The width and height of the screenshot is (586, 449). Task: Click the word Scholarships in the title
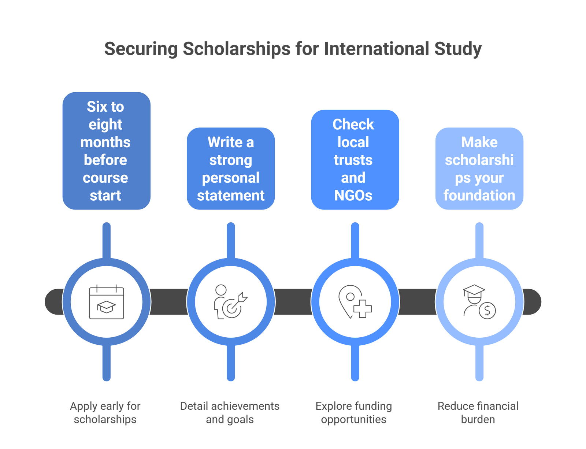pos(237,49)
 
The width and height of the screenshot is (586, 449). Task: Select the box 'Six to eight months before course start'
pos(106,151)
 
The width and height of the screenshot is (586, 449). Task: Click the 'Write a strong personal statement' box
pos(231,168)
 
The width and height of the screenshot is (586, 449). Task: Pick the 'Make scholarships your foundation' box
pos(479,168)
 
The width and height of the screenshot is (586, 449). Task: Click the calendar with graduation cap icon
pos(107,302)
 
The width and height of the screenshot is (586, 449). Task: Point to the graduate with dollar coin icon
pos(479,301)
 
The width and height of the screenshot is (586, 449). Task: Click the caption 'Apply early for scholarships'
pos(105,412)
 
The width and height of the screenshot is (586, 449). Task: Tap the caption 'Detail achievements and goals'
pos(230,412)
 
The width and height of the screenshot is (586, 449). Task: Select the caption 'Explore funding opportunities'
pos(354,412)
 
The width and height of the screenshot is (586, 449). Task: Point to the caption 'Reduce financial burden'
pos(478,412)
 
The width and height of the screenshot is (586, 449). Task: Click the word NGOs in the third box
pos(353,195)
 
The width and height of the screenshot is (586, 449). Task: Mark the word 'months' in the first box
pos(105,142)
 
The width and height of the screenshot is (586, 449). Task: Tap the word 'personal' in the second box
pos(231,178)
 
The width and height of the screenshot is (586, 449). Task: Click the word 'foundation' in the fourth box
pos(479,195)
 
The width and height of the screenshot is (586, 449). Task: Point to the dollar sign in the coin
pos(487,311)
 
